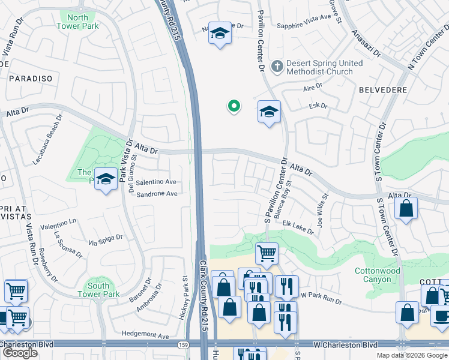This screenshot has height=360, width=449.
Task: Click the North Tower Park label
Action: point(77,22)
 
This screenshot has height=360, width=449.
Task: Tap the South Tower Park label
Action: point(98,289)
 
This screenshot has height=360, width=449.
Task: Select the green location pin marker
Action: point(234,106)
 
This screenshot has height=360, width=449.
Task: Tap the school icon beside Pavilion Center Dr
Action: point(268,111)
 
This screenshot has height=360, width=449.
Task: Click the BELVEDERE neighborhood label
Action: point(382,90)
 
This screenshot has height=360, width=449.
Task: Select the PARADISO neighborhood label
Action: point(31,79)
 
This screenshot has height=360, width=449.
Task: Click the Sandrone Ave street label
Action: point(157,194)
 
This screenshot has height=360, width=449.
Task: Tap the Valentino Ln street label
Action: point(58,221)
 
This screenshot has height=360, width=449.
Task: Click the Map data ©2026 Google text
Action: point(411,355)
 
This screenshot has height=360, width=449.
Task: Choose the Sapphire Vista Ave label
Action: point(304,26)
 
